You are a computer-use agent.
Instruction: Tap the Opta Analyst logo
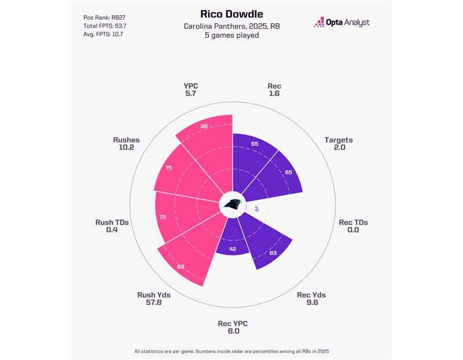[x=341, y=23]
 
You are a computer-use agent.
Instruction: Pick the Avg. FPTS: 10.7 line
[x=104, y=34]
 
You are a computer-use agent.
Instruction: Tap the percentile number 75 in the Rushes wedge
[x=168, y=168]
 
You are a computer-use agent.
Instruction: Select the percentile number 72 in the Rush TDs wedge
[x=163, y=216]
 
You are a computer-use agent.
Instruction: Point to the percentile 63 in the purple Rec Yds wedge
[x=273, y=252]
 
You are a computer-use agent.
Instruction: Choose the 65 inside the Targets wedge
[x=289, y=172]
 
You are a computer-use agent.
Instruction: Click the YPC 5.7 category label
[x=190, y=90]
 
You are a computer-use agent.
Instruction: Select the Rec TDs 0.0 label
[x=353, y=226]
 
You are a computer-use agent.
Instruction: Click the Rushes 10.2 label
[x=126, y=144]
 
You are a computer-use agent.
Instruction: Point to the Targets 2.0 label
[x=339, y=144]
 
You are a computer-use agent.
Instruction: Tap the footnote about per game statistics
[x=231, y=351]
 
